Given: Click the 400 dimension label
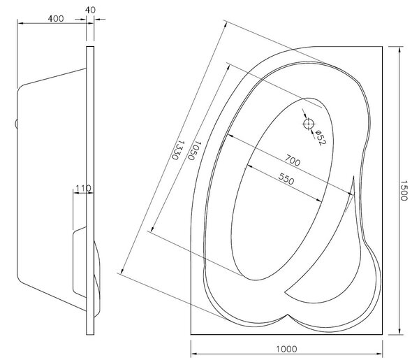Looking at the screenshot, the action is point(56,19).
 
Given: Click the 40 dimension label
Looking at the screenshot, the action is point(90,10).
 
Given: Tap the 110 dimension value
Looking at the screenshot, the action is point(83,188).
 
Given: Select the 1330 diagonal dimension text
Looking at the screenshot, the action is point(178,150).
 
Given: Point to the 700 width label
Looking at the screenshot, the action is point(293,160).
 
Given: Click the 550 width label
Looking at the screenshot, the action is point(286,179).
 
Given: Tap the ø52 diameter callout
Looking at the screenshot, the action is point(321,138).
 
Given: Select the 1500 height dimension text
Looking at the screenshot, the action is point(404,190).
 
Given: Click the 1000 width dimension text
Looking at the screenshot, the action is point(286,349).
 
